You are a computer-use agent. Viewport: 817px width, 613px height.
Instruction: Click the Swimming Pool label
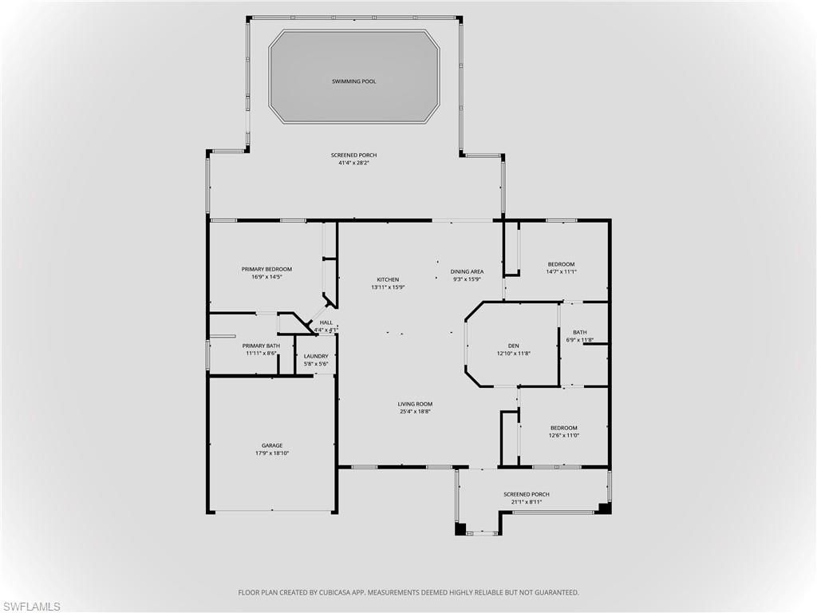coord(353,81)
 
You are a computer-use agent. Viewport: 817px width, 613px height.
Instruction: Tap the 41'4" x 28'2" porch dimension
coord(353,163)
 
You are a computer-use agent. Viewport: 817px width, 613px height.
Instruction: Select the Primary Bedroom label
coord(266,269)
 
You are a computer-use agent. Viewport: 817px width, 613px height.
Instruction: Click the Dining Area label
coord(467,271)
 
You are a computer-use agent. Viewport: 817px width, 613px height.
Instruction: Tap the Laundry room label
coord(316,356)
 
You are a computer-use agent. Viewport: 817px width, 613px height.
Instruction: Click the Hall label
coord(326,322)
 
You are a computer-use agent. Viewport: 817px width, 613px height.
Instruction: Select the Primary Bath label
coord(261,346)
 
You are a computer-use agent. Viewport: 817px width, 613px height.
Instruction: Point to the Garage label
coord(272,445)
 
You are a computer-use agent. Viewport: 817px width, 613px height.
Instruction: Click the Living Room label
coord(415,404)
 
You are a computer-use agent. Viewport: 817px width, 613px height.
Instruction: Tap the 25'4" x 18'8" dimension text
coord(415,412)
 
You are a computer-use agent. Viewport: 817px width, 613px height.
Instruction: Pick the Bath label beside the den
coord(579,332)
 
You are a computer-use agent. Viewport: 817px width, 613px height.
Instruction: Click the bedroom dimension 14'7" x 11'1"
coord(561,272)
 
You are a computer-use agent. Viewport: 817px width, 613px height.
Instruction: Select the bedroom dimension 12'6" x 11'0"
coord(563,436)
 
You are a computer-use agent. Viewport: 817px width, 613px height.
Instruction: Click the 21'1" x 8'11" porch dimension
coord(526,502)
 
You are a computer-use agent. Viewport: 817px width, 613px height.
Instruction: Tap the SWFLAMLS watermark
coord(31,607)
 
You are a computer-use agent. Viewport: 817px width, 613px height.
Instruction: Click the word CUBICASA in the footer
coord(326,592)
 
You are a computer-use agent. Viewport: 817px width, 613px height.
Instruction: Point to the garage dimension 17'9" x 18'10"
coord(272,453)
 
